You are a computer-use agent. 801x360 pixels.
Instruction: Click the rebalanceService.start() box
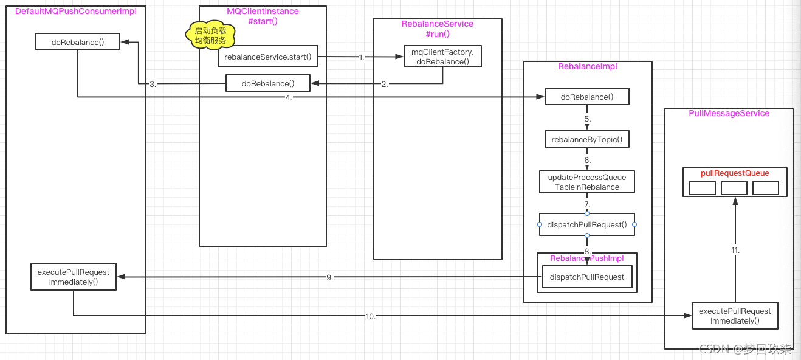pyautogui.click(x=268, y=57)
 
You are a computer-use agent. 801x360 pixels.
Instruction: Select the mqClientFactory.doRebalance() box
pyautogui.click(x=443, y=57)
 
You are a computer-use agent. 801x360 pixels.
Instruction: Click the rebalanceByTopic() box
pyautogui.click(x=587, y=139)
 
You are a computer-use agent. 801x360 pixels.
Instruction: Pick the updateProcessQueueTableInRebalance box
pyautogui.click(x=587, y=182)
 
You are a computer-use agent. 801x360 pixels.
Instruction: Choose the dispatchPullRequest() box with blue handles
pyautogui.click(x=587, y=225)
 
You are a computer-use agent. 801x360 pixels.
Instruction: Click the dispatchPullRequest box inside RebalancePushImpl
pyautogui.click(x=587, y=277)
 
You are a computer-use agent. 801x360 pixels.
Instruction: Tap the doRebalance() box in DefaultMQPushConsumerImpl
pyautogui.click(x=78, y=42)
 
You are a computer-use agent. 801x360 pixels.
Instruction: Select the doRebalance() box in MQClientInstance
pyautogui.click(x=268, y=83)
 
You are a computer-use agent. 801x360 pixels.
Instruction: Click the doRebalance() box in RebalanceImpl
pyautogui.click(x=587, y=97)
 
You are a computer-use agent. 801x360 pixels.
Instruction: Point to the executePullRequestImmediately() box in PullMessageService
pyautogui.click(x=735, y=316)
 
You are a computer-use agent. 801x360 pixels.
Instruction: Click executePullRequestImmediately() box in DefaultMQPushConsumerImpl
pyautogui.click(x=74, y=277)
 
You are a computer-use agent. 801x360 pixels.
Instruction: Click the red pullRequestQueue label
pyautogui.click(x=735, y=173)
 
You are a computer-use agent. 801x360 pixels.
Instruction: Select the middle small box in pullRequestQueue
pyautogui.click(x=734, y=188)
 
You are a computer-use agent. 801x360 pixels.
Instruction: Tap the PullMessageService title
pyautogui.click(x=729, y=114)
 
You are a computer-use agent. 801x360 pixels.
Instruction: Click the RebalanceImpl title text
pyautogui.click(x=588, y=67)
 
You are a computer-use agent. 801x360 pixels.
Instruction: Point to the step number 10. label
pyautogui.click(x=371, y=316)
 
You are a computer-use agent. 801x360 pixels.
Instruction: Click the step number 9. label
pyautogui.click(x=330, y=277)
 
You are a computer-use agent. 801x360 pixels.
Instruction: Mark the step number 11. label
pyautogui.click(x=735, y=250)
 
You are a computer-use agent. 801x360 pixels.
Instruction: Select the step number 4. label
pyautogui.click(x=289, y=97)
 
